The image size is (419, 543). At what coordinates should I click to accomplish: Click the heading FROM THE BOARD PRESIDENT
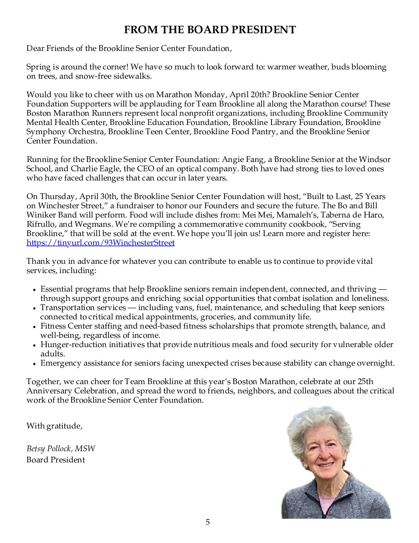click(209, 30)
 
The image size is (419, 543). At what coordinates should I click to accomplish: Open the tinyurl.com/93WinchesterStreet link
click(101, 243)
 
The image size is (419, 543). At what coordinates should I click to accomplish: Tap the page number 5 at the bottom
click(208, 522)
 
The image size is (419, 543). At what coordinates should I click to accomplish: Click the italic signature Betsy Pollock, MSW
click(60, 449)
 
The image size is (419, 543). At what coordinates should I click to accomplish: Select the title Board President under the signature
click(56, 460)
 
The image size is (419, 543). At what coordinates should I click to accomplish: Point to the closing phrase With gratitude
click(54, 426)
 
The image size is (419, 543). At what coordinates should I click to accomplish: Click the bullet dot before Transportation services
click(34, 308)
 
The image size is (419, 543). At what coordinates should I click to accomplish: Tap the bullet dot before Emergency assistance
click(34, 364)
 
